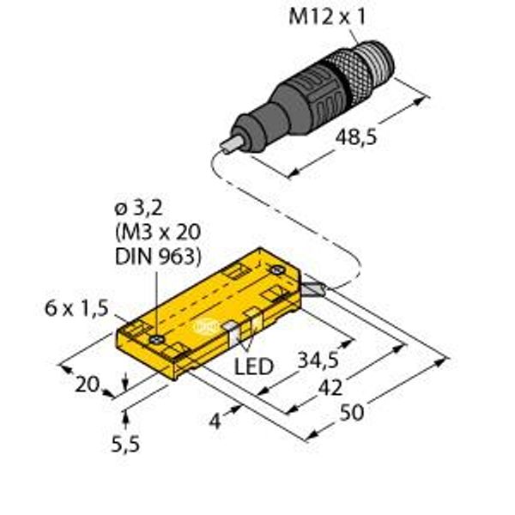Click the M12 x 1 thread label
(327, 16)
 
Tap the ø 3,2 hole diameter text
(138, 209)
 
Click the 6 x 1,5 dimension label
(76, 309)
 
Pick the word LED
(253, 367)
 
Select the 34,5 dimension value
(318, 359)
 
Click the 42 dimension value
(330, 387)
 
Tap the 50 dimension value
(352, 413)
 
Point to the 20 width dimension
(87, 385)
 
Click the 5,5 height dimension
(125, 444)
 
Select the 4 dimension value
(215, 421)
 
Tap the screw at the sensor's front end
(156, 340)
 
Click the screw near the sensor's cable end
(277, 270)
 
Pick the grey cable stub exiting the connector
(232, 143)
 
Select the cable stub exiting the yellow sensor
(313, 288)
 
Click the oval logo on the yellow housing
(206, 326)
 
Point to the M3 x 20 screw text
(158, 232)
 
